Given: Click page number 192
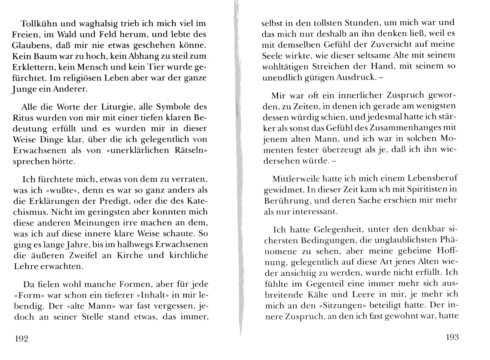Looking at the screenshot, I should (x=21, y=339).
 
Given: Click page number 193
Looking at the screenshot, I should (x=452, y=337).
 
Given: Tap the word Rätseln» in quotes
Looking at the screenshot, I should (x=190, y=150).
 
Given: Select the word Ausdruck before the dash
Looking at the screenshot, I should (x=356, y=77).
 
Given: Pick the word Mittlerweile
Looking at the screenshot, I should (x=296, y=178).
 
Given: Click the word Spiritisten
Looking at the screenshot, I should (x=426, y=189).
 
